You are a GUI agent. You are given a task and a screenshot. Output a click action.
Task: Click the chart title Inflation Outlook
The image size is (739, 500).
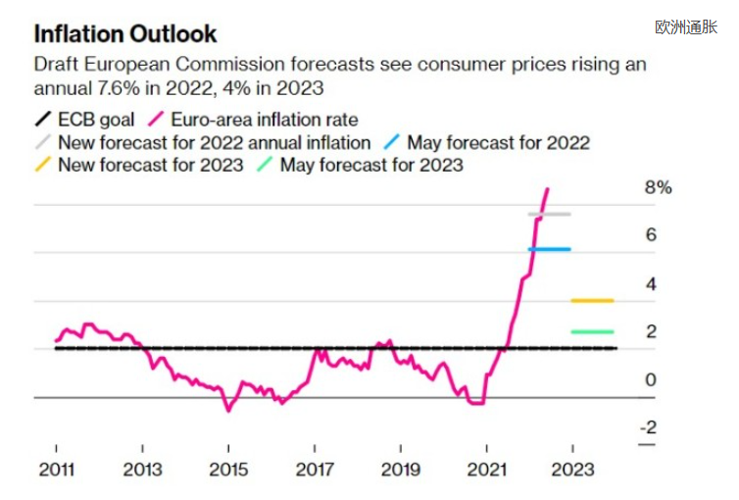click(x=125, y=34)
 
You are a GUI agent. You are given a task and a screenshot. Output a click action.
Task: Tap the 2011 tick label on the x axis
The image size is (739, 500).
click(x=57, y=470)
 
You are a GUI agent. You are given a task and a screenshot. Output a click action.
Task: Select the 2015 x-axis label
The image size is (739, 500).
click(x=228, y=470)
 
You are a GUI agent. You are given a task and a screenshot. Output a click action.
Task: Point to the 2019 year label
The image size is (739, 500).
click(x=401, y=470)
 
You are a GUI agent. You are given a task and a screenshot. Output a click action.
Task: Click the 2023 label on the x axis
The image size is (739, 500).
click(x=573, y=470)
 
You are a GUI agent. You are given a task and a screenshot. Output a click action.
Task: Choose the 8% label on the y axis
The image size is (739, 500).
click(x=658, y=188)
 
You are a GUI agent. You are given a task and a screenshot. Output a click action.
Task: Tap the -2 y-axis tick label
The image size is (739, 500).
click(x=650, y=427)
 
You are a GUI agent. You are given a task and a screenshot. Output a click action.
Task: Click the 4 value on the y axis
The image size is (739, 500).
click(x=651, y=284)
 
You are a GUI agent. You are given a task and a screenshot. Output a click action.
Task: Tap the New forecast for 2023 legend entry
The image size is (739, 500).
click(x=150, y=165)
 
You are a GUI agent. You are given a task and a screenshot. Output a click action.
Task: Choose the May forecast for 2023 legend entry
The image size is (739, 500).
click(x=371, y=165)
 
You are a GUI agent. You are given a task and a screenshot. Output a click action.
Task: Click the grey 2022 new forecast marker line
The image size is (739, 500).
click(x=550, y=214)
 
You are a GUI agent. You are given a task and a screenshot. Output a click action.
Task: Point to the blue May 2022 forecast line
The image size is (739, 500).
click(x=550, y=249)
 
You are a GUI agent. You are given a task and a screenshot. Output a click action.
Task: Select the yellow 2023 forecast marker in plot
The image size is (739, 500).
click(x=592, y=300)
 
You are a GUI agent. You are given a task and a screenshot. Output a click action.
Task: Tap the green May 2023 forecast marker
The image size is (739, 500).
click(x=592, y=331)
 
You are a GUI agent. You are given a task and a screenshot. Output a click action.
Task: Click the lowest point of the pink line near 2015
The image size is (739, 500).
click(x=228, y=410)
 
